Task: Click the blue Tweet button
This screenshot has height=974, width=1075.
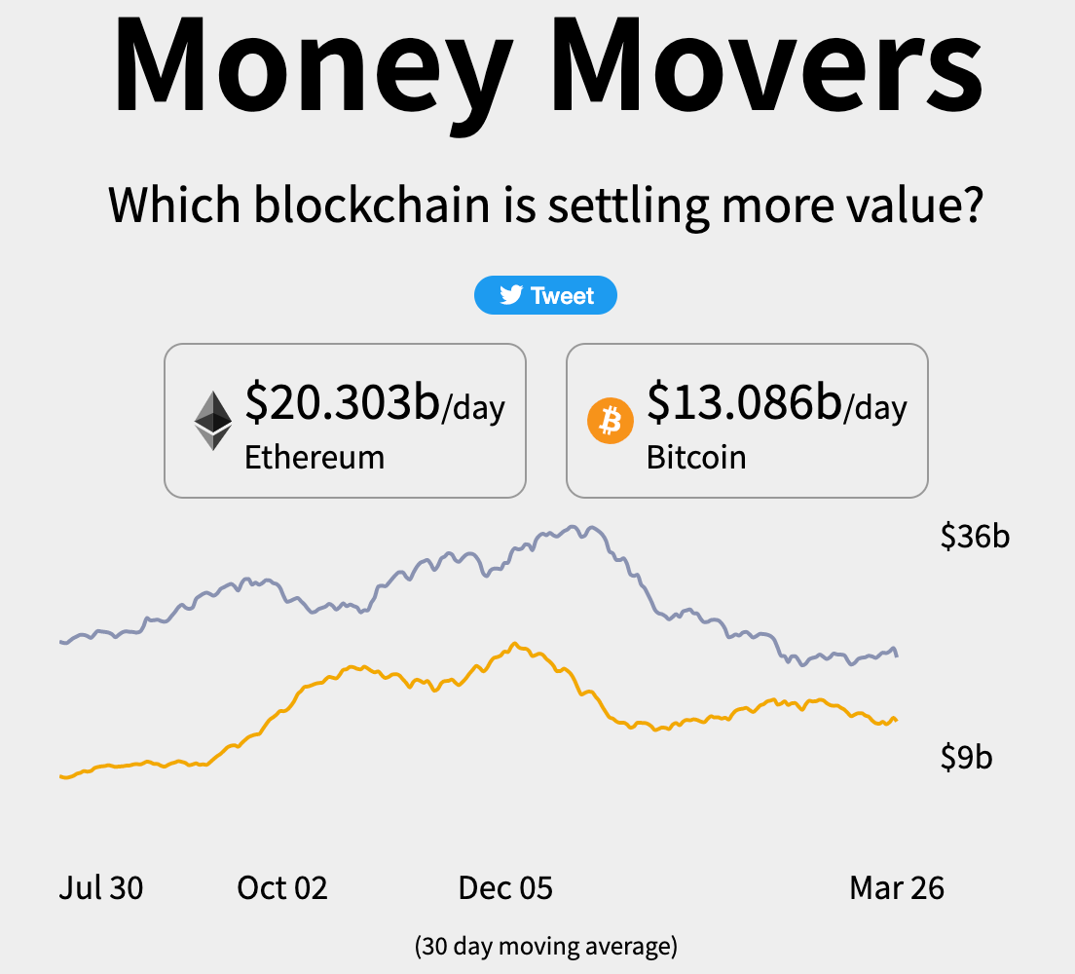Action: click(x=545, y=295)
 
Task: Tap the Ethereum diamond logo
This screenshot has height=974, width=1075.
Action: click(x=213, y=421)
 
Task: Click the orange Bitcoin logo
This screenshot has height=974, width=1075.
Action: click(x=611, y=421)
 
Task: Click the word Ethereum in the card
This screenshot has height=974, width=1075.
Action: click(x=315, y=457)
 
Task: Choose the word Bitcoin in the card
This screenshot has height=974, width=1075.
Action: click(x=696, y=457)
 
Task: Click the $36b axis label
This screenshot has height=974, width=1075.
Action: click(x=975, y=536)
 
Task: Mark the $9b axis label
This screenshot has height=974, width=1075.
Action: click(x=966, y=757)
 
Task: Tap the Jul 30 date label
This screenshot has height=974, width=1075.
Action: click(x=101, y=887)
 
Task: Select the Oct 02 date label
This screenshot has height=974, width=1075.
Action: click(x=282, y=887)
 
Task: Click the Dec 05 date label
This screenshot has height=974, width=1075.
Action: click(x=505, y=887)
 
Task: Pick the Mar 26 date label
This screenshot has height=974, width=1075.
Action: click(x=897, y=887)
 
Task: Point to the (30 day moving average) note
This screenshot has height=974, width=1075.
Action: click(x=545, y=945)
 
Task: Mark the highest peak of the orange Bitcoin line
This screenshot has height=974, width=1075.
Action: click(x=515, y=643)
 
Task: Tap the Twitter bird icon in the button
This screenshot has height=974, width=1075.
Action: click(x=511, y=295)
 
